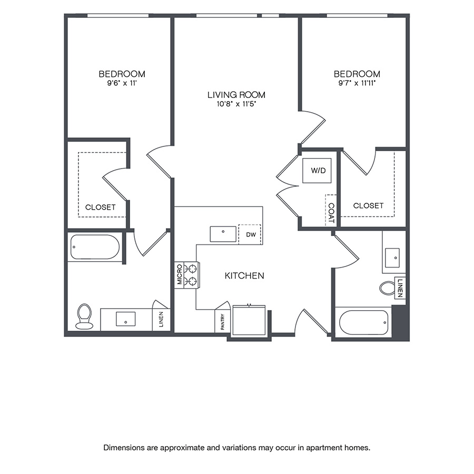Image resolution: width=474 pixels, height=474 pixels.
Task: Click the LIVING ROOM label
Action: [x=236, y=95]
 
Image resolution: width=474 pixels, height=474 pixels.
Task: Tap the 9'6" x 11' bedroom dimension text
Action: [x=122, y=83]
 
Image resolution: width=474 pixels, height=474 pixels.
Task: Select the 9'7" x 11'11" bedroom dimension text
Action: [x=357, y=83]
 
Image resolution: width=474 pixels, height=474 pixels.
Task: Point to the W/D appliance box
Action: [x=317, y=171]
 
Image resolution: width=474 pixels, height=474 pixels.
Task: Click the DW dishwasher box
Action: [x=250, y=234]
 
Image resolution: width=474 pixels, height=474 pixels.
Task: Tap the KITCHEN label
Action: [x=244, y=275]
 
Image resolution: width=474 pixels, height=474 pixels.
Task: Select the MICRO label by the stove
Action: [x=180, y=275]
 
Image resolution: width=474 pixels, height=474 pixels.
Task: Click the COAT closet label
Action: [x=331, y=210]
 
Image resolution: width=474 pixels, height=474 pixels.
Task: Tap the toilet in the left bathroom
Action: [x=84, y=316]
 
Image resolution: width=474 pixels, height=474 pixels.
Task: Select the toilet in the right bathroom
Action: [x=388, y=288]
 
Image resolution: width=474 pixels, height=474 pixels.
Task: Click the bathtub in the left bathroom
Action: [x=95, y=246]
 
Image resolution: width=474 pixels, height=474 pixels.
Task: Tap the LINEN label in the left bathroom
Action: [x=161, y=319]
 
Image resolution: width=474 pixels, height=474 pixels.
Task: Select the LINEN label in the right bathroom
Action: [x=401, y=288]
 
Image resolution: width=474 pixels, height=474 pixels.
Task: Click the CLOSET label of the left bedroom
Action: [x=100, y=207]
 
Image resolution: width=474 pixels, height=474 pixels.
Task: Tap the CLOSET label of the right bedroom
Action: [x=368, y=205]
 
